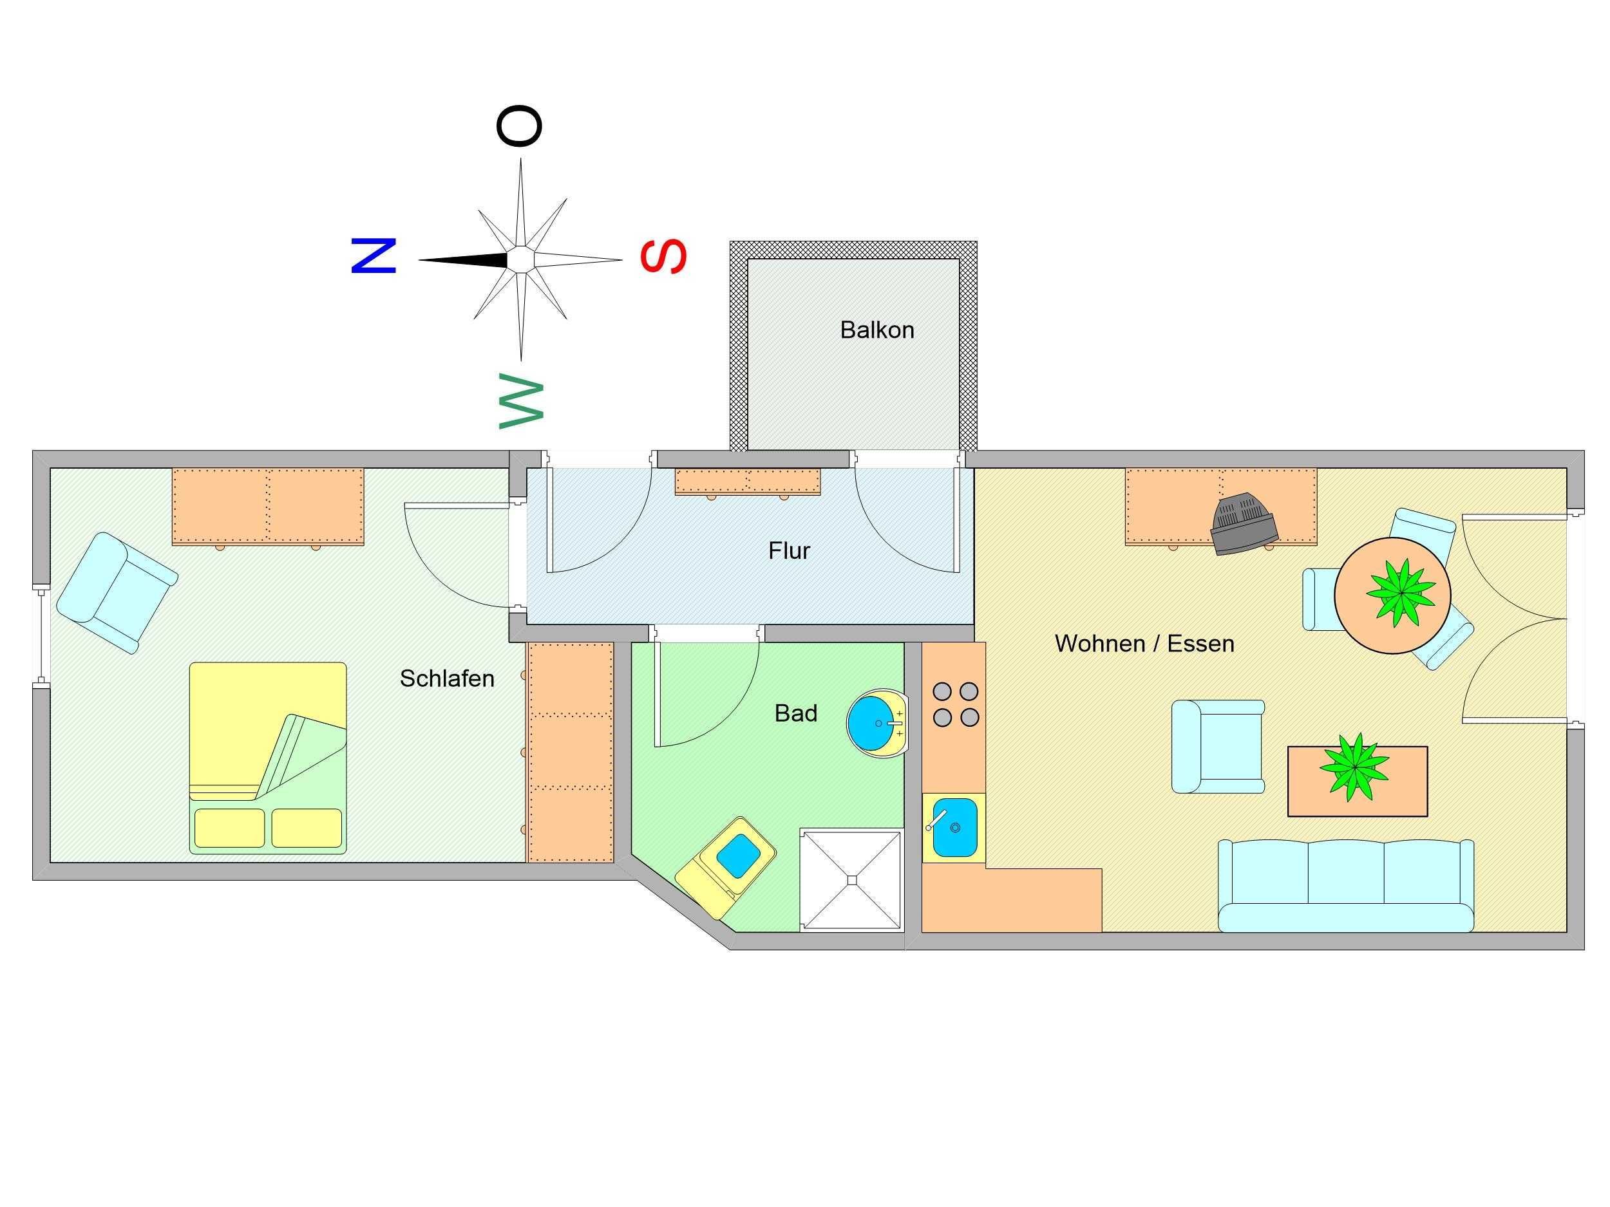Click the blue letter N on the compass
point(374,256)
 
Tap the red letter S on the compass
point(663,256)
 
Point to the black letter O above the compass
point(519,127)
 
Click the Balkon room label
point(876,330)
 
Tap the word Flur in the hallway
point(789,551)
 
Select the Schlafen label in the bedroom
point(447,678)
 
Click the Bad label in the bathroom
point(795,714)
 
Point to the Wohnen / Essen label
point(1144,644)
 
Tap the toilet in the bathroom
point(728,865)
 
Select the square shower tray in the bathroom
point(850,879)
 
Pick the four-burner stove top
point(956,704)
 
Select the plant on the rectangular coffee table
point(1354,767)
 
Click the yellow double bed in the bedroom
point(267,756)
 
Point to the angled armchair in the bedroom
point(117,592)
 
